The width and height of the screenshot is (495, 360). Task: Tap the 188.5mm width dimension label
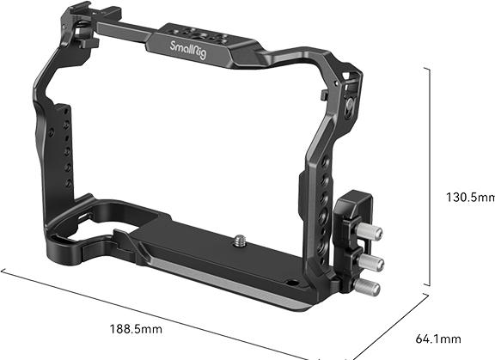coord(161,328)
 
